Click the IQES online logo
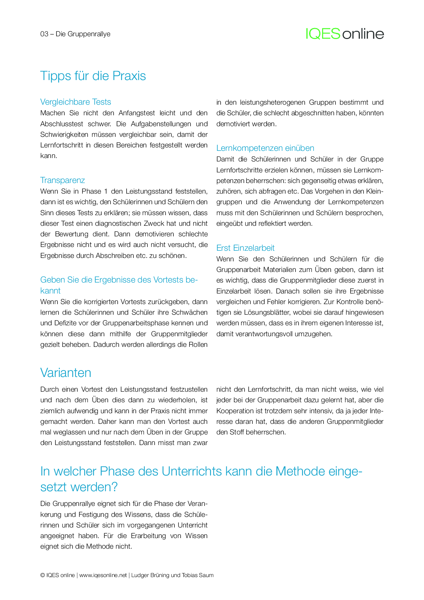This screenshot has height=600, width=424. pyautogui.click(x=345, y=34)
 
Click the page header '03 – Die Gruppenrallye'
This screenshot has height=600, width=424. pyautogui.click(x=75, y=34)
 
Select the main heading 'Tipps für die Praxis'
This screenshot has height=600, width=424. pyautogui.click(x=93, y=76)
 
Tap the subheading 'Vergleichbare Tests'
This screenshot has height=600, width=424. pyautogui.click(x=76, y=102)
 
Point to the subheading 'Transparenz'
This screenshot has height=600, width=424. pyautogui.click(x=63, y=180)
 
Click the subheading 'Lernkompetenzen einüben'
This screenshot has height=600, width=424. pyautogui.click(x=265, y=148)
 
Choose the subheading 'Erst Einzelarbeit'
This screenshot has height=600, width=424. pyautogui.click(x=245, y=248)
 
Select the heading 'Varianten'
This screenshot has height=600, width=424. pyautogui.click(x=66, y=373)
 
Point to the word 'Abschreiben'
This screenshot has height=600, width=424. pyautogui.click(x=115, y=256)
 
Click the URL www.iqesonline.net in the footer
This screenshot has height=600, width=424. pyautogui.click(x=103, y=575)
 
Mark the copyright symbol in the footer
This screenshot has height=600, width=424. pyautogui.click(x=42, y=575)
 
